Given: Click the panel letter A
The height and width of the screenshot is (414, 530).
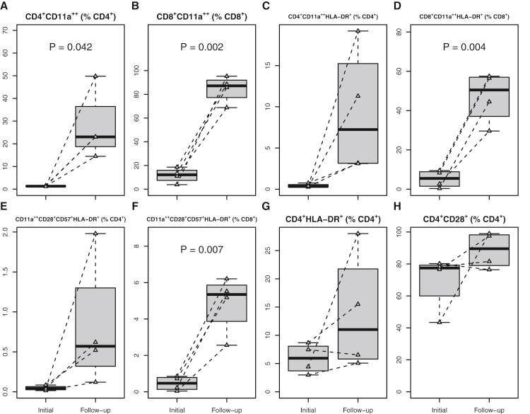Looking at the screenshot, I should [5, 7].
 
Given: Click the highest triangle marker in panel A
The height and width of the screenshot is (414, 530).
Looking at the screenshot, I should [95, 76].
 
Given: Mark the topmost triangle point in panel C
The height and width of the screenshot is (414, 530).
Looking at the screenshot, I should [359, 31].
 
